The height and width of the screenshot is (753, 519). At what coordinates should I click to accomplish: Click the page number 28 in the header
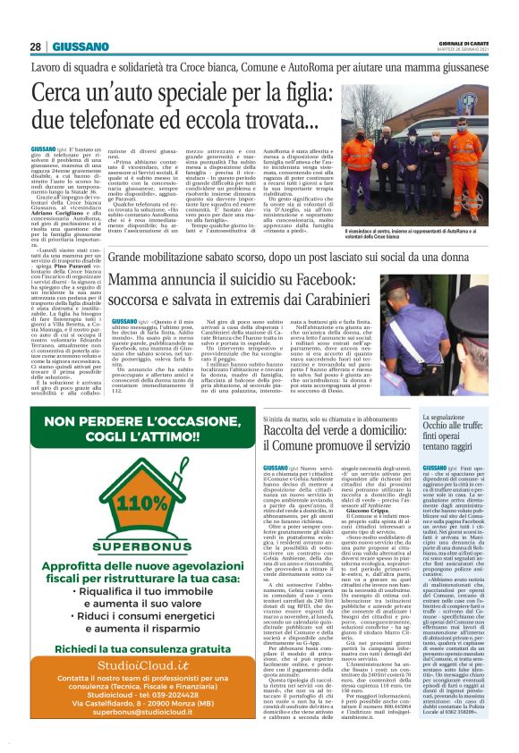(36, 47)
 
